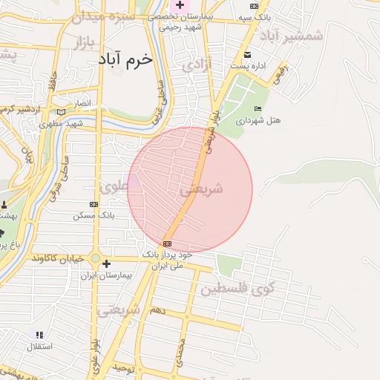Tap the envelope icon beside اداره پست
(x=248, y=55)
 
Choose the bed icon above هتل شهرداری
(x=257, y=109)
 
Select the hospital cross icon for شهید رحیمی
(x=180, y=5)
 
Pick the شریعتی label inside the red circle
(x=201, y=189)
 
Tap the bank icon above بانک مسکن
(x=94, y=204)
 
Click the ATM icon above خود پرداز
(x=167, y=243)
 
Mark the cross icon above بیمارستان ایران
(x=106, y=263)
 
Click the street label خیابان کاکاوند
(x=60, y=258)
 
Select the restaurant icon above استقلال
(x=39, y=335)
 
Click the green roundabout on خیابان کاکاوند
(x=96, y=258)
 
